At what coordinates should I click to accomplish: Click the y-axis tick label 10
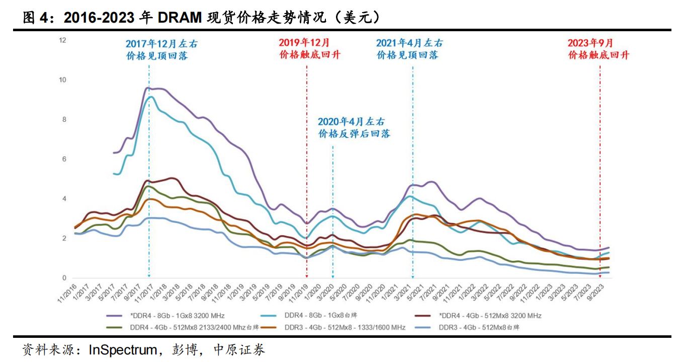tap(63, 80)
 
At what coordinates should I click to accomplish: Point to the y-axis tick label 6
tap(64, 159)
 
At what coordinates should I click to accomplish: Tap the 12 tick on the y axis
tap(63, 40)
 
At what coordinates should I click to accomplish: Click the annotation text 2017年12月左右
tap(161, 44)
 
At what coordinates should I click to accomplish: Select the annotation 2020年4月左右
tap(351, 121)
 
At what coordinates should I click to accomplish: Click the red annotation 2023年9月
tap(590, 43)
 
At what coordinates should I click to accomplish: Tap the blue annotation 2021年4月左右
tap(410, 43)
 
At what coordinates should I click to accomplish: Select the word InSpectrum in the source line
tap(121, 349)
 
